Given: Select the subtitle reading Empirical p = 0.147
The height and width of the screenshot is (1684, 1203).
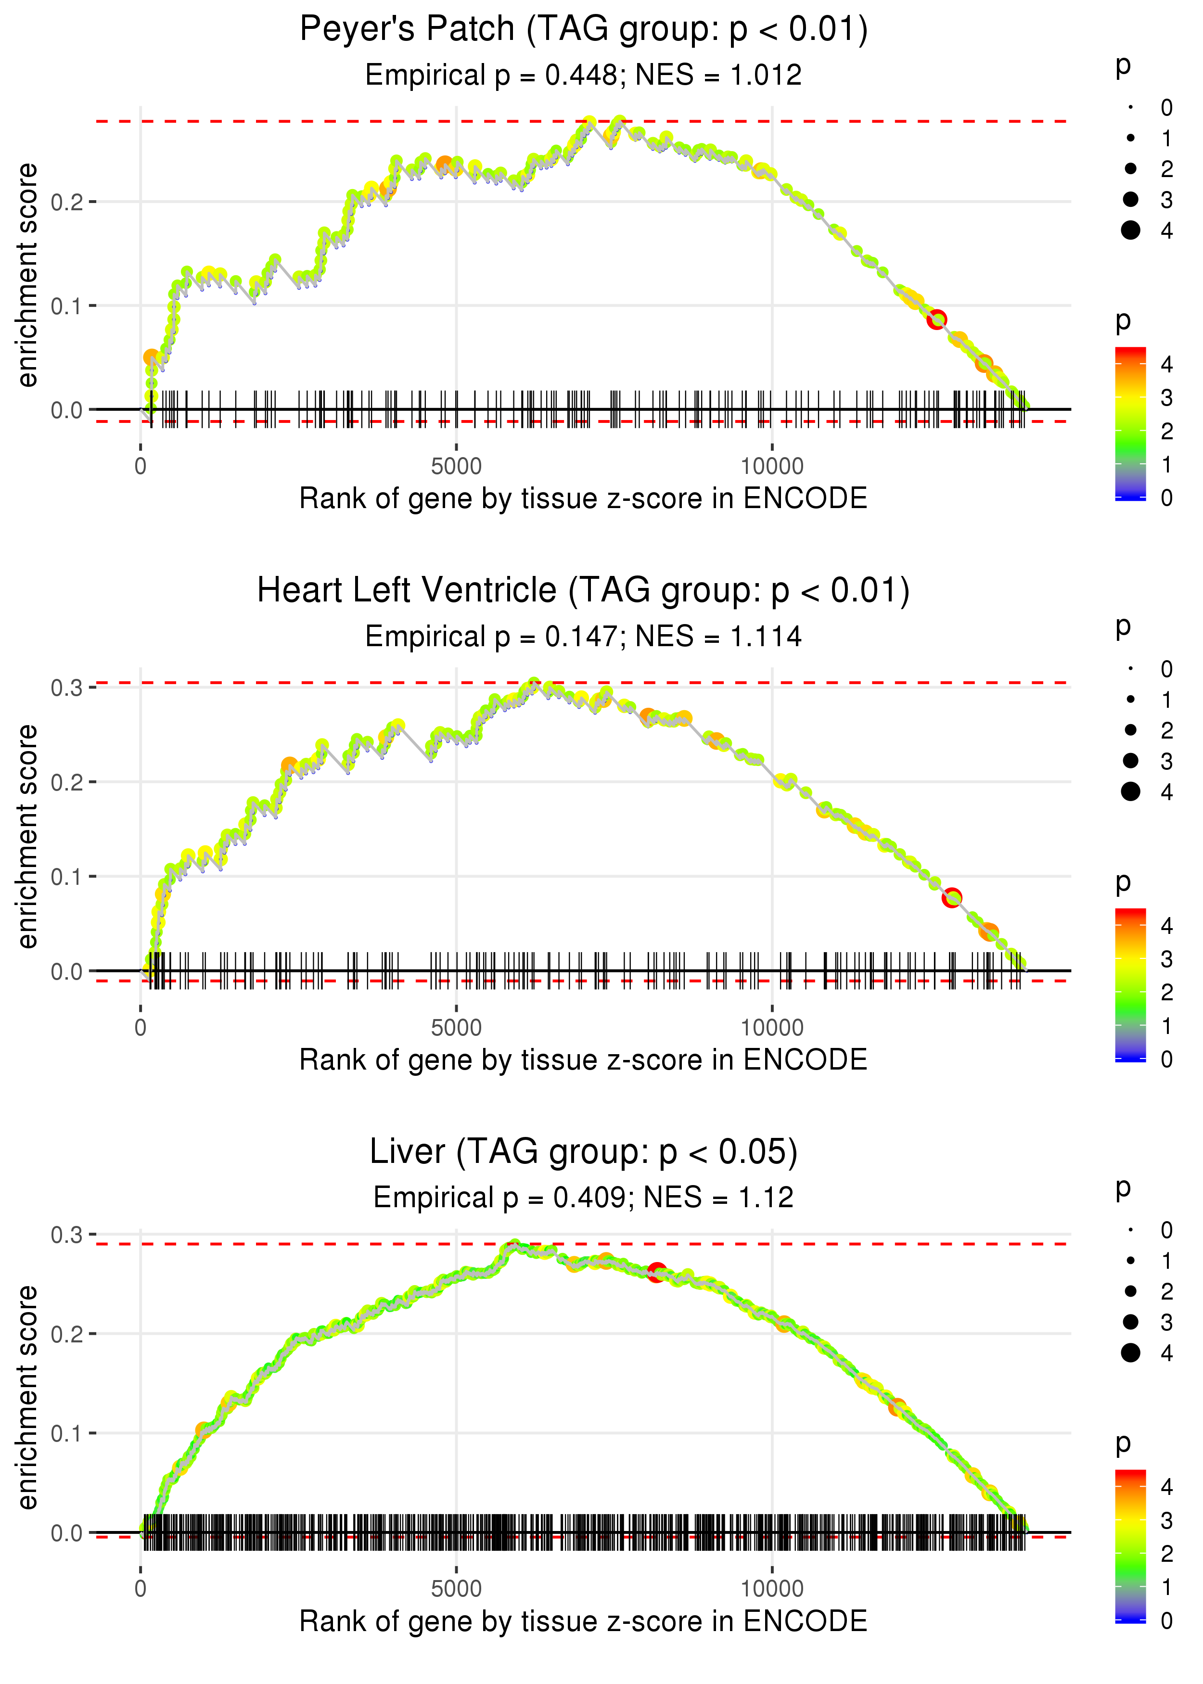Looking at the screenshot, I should pos(583,636).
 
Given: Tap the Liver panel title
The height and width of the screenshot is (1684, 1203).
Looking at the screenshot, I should pos(583,1151).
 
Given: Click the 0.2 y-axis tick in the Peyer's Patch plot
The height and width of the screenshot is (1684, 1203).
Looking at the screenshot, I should pos(67,202).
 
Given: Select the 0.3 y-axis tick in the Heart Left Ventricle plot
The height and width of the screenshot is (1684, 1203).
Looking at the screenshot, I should pos(67,688).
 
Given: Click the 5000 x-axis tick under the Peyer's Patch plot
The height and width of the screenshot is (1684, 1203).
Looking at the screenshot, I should pos(456,467).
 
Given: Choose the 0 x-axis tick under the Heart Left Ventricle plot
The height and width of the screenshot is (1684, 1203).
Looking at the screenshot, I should pos(141,1028).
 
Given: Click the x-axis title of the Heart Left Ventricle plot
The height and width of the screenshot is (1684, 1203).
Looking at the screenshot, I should pos(583,1060).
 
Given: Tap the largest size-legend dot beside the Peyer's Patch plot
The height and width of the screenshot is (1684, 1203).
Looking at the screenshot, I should pos(1130,230).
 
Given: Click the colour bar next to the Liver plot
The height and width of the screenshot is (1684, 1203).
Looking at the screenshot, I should pos(1130,1545).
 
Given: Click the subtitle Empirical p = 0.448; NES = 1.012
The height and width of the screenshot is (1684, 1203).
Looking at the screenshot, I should pos(583,75).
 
